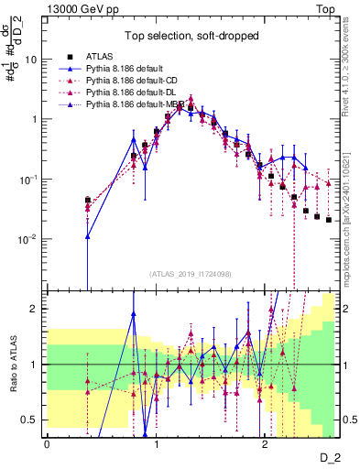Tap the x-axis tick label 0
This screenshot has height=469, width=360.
point(48,443)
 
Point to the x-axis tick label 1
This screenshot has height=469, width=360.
point(156,443)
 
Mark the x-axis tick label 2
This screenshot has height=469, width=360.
point(264,443)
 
